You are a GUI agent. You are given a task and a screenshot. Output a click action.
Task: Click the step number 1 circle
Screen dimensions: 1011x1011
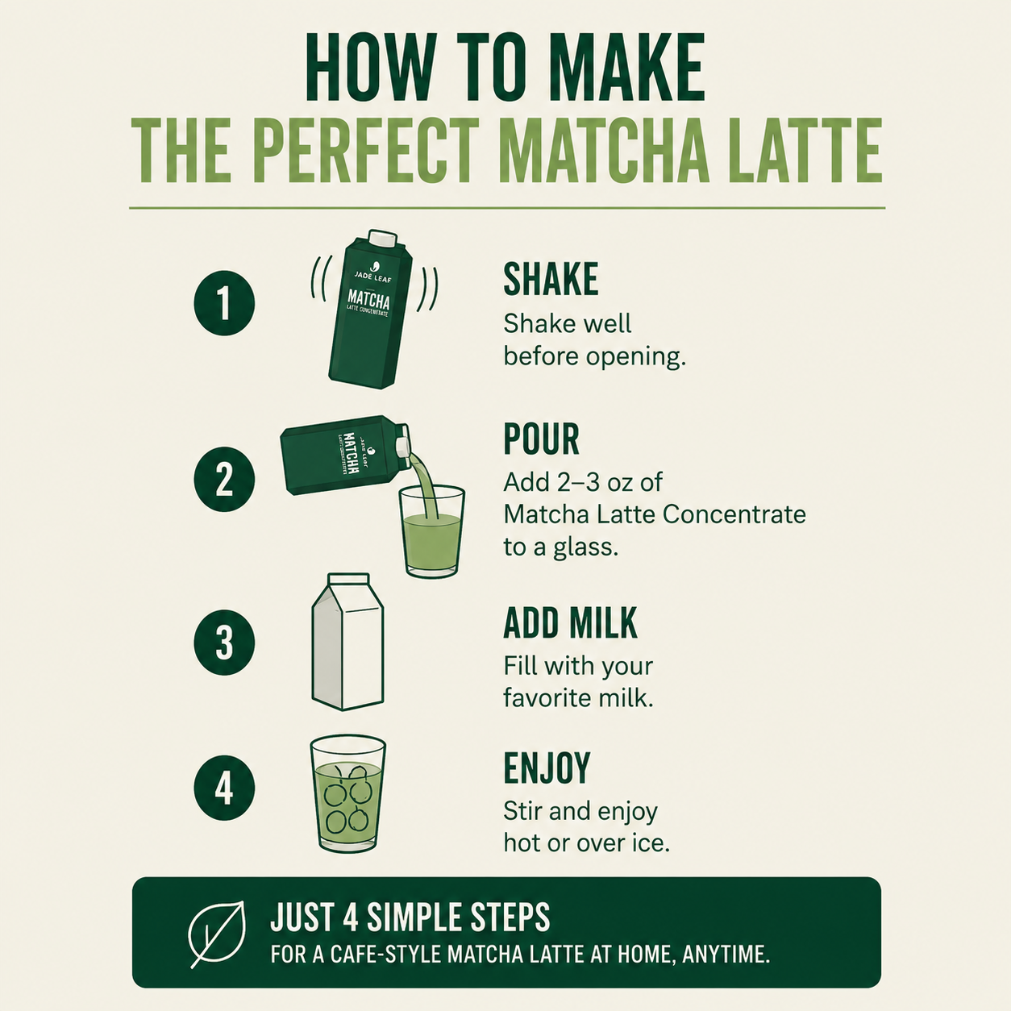pyautogui.click(x=225, y=303)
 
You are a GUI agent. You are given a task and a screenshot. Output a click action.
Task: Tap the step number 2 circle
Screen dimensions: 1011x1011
pyautogui.click(x=225, y=479)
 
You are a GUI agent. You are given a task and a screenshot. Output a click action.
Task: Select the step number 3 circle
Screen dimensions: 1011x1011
pyautogui.click(x=225, y=643)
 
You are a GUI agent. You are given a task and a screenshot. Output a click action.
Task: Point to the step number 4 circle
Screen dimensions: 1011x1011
pyautogui.click(x=225, y=788)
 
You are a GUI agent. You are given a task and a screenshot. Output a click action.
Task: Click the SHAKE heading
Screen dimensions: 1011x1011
pyautogui.click(x=551, y=279)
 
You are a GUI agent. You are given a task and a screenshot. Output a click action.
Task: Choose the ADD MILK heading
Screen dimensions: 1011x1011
pyautogui.click(x=570, y=622)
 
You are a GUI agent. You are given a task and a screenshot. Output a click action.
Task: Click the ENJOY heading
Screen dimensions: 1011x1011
pyautogui.click(x=547, y=768)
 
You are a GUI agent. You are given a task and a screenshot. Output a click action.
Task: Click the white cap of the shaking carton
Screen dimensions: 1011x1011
pyautogui.click(x=382, y=239)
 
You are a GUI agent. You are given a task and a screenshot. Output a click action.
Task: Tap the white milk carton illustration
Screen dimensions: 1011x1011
pyautogui.click(x=347, y=642)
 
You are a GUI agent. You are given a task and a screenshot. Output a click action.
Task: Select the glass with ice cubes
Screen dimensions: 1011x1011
pyautogui.click(x=347, y=793)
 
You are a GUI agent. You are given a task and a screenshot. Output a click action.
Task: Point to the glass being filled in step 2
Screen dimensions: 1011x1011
pyautogui.click(x=432, y=531)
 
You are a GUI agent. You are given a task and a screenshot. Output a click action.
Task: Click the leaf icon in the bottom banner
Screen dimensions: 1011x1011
pyautogui.click(x=217, y=934)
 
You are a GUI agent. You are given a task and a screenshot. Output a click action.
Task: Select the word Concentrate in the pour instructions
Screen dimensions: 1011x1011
pyautogui.click(x=734, y=514)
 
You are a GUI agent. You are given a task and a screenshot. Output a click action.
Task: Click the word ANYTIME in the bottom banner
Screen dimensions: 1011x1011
pyautogui.click(x=726, y=955)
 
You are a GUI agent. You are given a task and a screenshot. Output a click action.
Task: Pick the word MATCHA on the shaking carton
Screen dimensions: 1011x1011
pyautogui.click(x=368, y=300)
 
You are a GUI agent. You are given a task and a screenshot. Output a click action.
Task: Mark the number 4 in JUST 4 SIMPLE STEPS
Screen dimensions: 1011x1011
pyautogui.click(x=349, y=917)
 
